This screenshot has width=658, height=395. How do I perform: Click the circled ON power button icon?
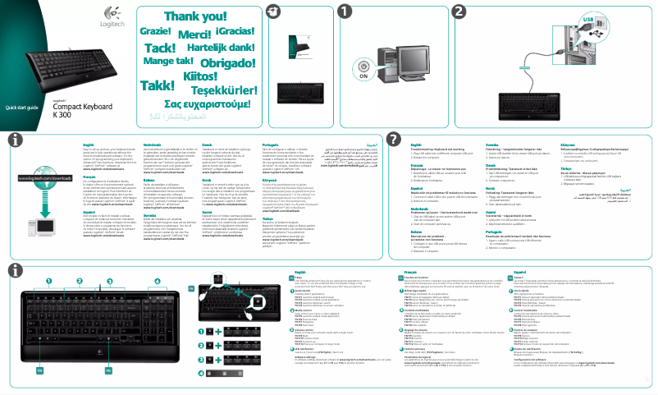click(364, 65)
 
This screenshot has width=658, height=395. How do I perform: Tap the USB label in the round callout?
click(633, 17)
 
